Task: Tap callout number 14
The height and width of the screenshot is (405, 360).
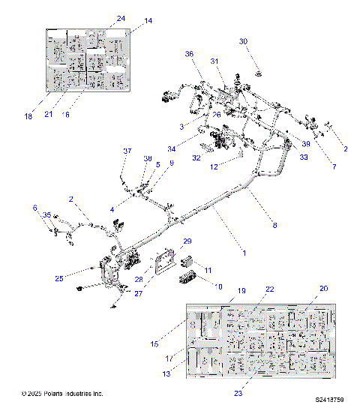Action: coord(148,21)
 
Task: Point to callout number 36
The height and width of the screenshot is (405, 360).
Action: coord(189,54)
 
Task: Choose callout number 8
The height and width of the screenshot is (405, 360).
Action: coord(274,225)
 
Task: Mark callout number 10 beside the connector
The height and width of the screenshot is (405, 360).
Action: coord(220,286)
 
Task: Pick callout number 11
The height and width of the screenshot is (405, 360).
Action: coord(209,269)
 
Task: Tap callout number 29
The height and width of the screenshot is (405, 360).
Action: coord(187,241)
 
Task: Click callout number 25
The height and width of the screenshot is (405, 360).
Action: coord(58,278)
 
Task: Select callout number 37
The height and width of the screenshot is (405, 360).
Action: coord(127,151)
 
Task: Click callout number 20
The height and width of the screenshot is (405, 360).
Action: coord(324,289)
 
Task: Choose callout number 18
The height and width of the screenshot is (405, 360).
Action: coord(28,116)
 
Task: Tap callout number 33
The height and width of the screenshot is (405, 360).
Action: coord(304,157)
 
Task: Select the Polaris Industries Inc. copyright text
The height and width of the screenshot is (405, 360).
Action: coord(63,394)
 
